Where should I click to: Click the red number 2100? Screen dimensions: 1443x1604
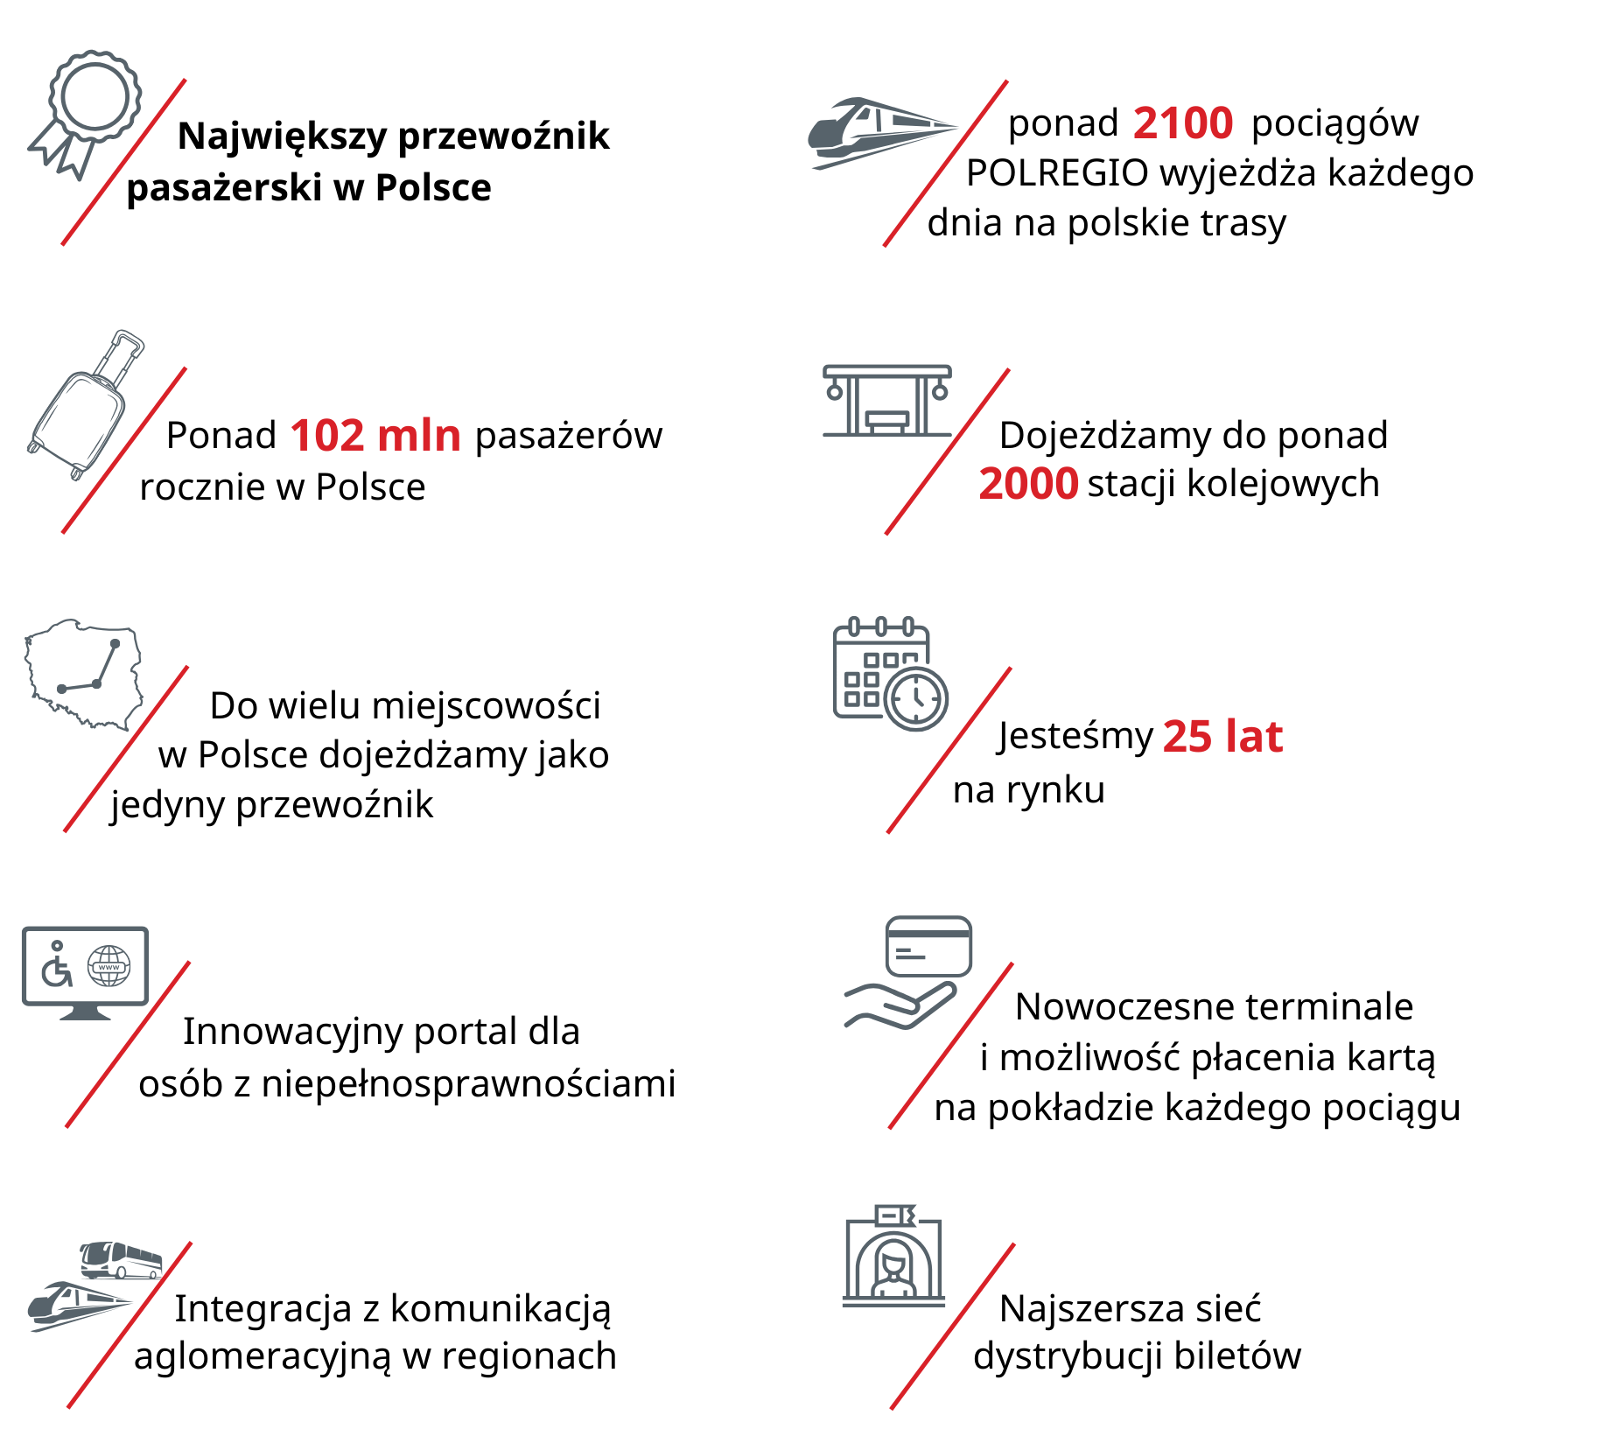pyautogui.click(x=1183, y=123)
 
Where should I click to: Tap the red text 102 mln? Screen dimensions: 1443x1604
pyautogui.click(x=375, y=435)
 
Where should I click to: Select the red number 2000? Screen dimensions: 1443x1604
pyautogui.click(x=1028, y=483)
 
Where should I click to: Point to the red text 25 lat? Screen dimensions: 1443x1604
pyautogui.click(x=1222, y=736)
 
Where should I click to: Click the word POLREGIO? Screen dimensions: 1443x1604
pyautogui.click(x=1056, y=173)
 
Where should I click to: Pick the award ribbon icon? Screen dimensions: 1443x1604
pyautogui.click(x=88, y=109)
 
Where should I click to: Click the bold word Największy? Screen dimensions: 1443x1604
pyautogui.click(x=282, y=137)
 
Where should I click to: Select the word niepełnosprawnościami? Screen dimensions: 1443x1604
pyautogui.click(x=469, y=1084)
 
